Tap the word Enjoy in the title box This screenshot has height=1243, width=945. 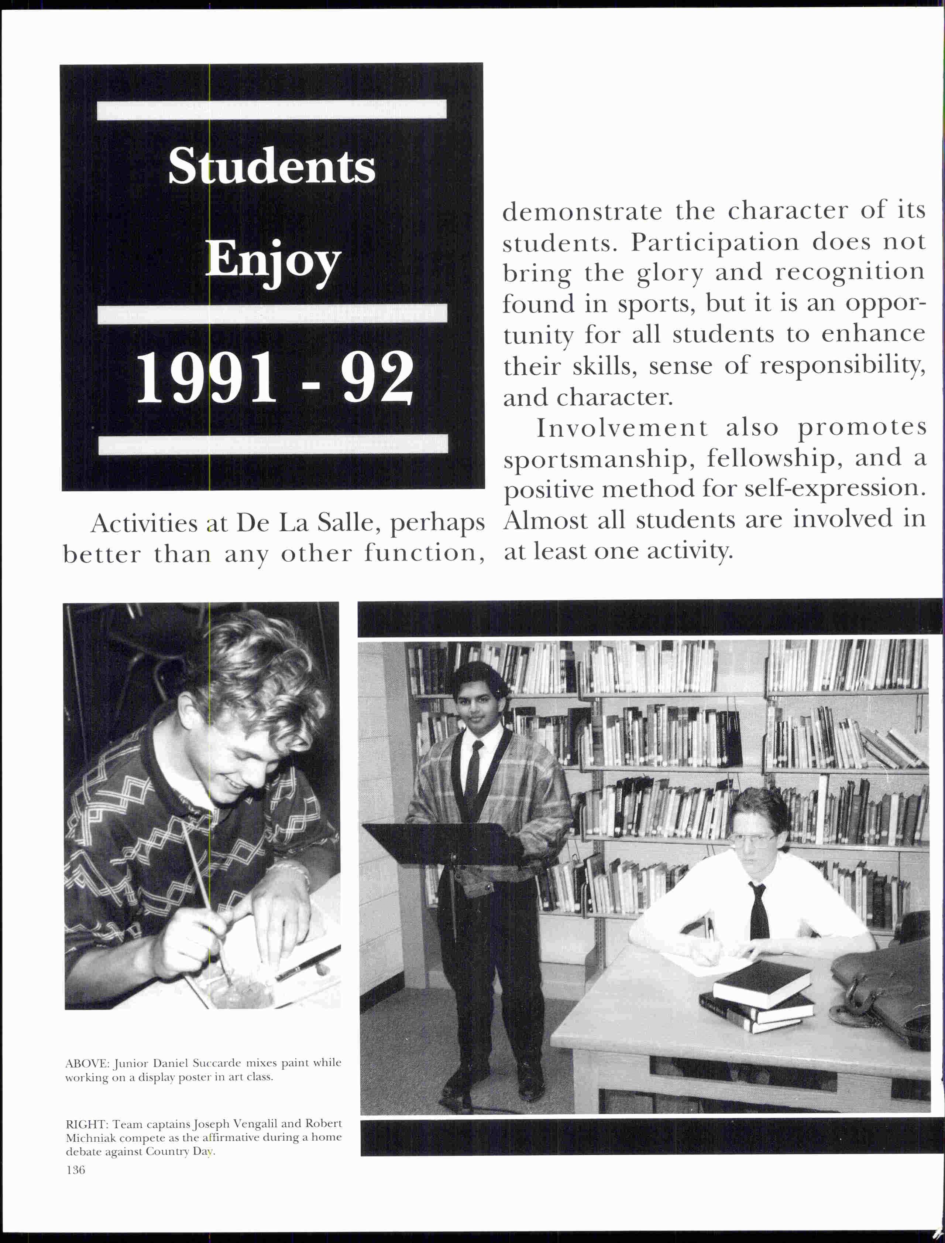click(x=273, y=262)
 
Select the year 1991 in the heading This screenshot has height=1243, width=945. click(x=206, y=378)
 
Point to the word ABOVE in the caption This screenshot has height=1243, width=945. click(x=87, y=1063)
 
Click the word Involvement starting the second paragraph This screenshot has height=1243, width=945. click(x=622, y=428)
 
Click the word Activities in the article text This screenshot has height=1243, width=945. click(x=144, y=524)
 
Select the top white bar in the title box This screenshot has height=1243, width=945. click(x=272, y=109)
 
